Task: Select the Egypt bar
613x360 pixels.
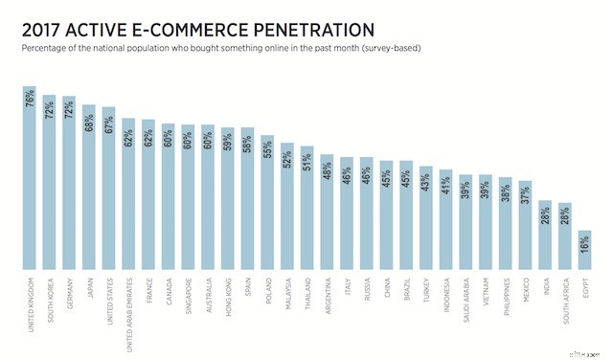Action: pyautogui.click(x=584, y=251)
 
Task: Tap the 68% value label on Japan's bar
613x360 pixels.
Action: pyautogui.click(x=89, y=122)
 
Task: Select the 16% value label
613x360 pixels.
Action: pyautogui.click(x=584, y=246)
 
